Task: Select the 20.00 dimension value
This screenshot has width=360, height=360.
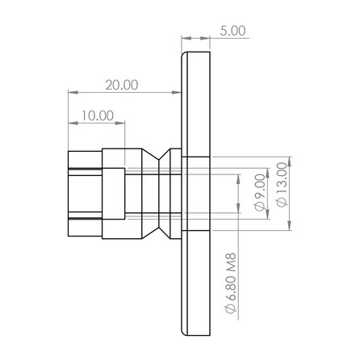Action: coord(121,83)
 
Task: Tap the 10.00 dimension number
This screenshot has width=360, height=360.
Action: coord(98,115)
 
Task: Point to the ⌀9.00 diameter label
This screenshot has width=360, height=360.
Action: coord(259,194)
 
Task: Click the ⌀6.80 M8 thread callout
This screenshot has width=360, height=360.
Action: coord(232,287)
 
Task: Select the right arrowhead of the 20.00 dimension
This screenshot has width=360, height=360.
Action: coord(178,91)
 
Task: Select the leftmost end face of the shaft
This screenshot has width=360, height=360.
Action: coord(68,194)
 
